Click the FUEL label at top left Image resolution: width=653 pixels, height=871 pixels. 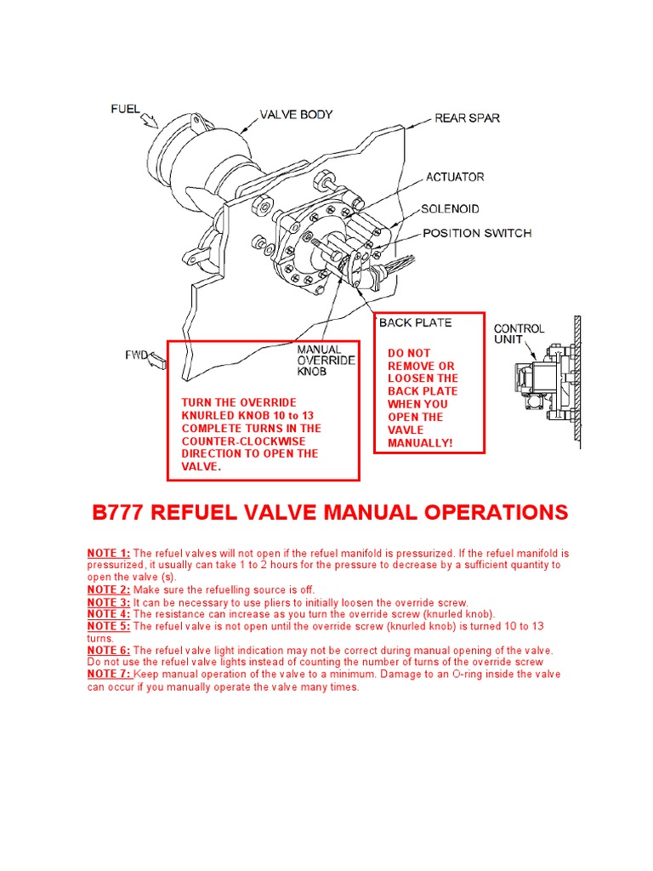click(x=126, y=109)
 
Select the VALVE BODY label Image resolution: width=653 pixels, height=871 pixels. click(x=296, y=115)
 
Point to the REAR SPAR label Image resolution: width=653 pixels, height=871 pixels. click(x=467, y=117)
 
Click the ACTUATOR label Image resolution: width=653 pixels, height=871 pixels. click(x=455, y=177)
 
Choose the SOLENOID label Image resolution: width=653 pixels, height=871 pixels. click(x=450, y=209)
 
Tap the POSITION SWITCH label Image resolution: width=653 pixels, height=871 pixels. click(x=477, y=233)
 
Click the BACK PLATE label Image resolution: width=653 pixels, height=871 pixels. click(x=415, y=323)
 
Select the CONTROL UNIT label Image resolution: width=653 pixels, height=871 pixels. click(x=519, y=334)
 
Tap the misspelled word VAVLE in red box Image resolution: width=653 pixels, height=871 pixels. click(x=405, y=430)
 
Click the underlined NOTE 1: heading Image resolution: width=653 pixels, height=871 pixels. click(x=109, y=553)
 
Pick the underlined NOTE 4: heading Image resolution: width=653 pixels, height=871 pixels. click(x=109, y=614)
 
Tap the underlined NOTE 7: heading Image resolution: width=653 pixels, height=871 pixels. click(x=109, y=675)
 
